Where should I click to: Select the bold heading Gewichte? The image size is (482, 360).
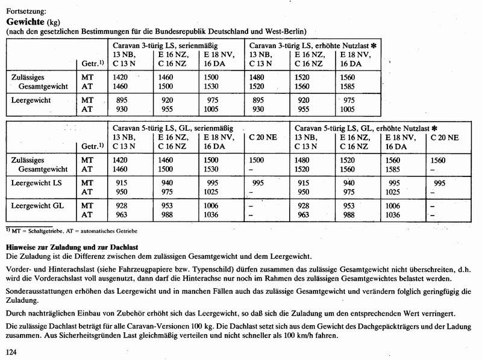[27, 20]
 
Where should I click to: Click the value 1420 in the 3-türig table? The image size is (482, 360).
[121, 78]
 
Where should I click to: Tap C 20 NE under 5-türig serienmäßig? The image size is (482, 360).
[263, 137]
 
